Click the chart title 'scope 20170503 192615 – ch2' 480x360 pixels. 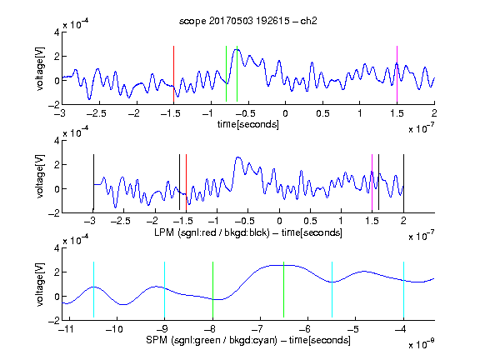coord(248,21)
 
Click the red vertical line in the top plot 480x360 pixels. coord(173,74)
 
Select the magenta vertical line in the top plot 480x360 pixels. coord(397,74)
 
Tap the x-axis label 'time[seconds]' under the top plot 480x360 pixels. coord(248,124)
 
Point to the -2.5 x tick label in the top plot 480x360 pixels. coord(96,113)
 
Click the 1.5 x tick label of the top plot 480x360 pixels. coord(397,113)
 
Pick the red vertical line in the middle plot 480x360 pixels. coord(186,182)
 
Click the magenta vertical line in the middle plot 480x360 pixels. coord(372,182)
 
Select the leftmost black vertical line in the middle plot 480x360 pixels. coord(93,182)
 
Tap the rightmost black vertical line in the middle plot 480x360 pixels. coord(403,182)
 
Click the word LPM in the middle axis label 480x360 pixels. coord(164,232)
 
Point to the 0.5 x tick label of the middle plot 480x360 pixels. coord(310,221)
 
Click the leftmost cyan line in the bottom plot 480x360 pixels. coord(93,290)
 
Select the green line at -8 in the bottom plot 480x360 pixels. coord(212,290)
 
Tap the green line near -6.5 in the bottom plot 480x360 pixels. coord(284,290)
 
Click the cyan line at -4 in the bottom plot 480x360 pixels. coord(403,290)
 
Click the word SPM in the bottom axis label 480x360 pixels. coord(157,340)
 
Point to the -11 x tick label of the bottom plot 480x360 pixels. coord(66,329)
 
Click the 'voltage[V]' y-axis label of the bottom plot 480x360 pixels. coord(40,284)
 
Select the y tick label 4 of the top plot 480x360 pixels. coord(57,32)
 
